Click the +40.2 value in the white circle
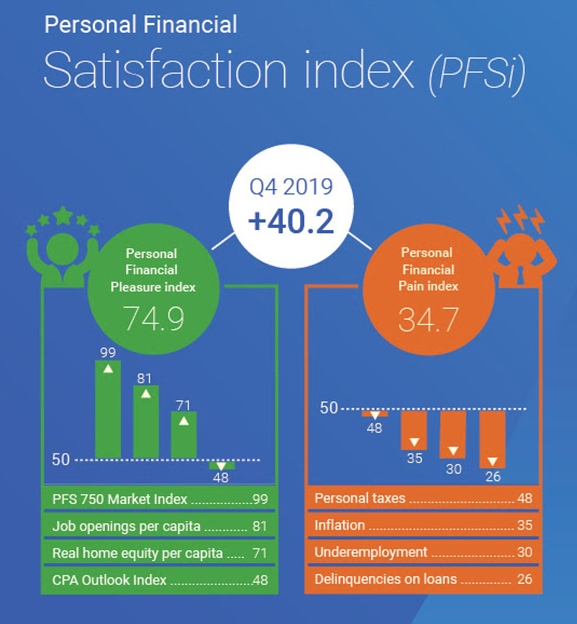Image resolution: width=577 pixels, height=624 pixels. tap(291, 221)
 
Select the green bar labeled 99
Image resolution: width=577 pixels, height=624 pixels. tap(108, 410)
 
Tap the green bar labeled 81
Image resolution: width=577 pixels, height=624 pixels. tap(146, 422)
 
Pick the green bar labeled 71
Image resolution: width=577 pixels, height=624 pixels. tap(183, 435)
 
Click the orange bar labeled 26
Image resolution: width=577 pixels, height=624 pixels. tap(492, 439)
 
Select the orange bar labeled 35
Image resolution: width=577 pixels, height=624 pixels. tap(414, 430)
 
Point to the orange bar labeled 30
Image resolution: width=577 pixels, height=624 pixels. tap(453, 434)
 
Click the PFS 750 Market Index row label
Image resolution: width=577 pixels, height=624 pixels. tap(119, 499)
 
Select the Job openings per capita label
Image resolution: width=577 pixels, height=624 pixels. tap(127, 526)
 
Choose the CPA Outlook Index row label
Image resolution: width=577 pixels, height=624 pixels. tap(109, 579)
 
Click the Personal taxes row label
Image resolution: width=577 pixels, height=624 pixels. tap(360, 498)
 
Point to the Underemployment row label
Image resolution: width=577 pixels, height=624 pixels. tap(371, 552)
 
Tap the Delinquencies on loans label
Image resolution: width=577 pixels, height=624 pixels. tap(386, 579)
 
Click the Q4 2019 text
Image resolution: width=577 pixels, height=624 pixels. tap(291, 188)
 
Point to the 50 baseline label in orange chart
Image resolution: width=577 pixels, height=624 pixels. tap(328, 408)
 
